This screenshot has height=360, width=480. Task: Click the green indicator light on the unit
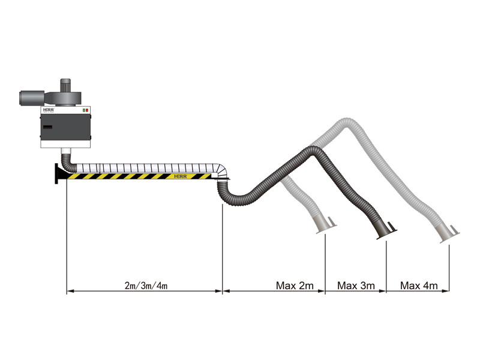click(83, 110)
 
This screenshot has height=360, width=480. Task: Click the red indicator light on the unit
click(87, 110)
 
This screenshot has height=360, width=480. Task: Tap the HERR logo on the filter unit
click(49, 111)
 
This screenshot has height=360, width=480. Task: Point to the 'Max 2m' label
click(295, 285)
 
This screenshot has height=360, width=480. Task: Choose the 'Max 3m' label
click(356, 285)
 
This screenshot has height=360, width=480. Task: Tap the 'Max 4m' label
click(419, 285)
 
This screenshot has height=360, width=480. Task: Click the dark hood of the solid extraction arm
click(384, 230)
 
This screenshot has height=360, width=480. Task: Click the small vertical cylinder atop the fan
click(66, 83)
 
